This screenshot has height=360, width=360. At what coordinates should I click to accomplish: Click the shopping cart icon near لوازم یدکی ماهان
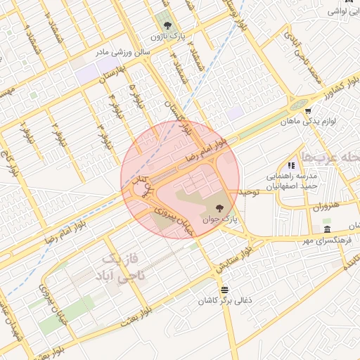click(308, 111)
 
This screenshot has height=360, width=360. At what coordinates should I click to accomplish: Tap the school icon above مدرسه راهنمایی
click(291, 165)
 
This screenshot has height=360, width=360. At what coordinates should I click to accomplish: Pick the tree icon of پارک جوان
click(221, 207)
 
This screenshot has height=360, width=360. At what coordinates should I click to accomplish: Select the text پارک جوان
click(221, 219)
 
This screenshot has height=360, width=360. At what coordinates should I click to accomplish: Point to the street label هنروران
click(324, 207)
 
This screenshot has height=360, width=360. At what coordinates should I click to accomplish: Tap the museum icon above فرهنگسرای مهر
click(327, 230)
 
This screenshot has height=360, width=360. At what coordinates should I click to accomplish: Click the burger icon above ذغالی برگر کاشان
click(224, 289)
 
